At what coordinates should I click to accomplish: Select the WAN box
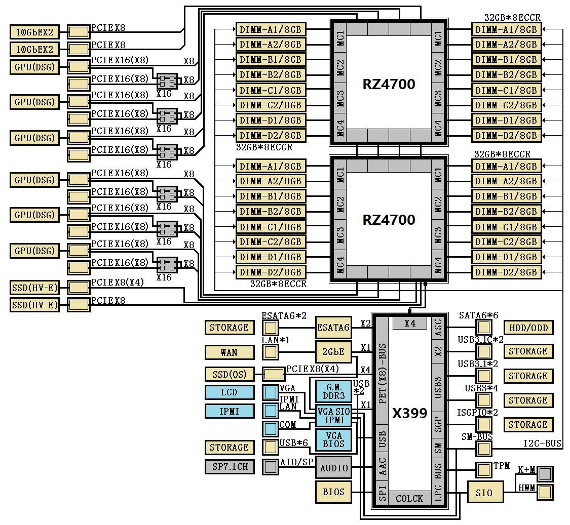pos(229,352)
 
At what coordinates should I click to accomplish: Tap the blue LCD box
pos(229,392)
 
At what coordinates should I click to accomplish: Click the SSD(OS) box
pos(229,374)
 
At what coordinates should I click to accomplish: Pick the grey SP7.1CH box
pos(229,466)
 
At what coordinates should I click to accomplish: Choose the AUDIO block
pos(333,468)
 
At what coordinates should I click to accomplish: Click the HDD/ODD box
pos(528,328)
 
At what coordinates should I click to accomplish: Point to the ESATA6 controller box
pos(333,328)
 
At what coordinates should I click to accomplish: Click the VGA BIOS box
pos(333,439)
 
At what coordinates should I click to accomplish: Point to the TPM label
pos(502,466)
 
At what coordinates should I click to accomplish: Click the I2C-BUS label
pos(542,443)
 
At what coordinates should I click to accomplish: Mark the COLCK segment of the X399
pos(409,498)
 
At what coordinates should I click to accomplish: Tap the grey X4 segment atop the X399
pos(410,323)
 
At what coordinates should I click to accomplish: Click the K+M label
pos(526,470)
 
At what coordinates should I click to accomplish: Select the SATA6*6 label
pos(478,315)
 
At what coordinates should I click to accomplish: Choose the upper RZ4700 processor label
pos(389,84)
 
